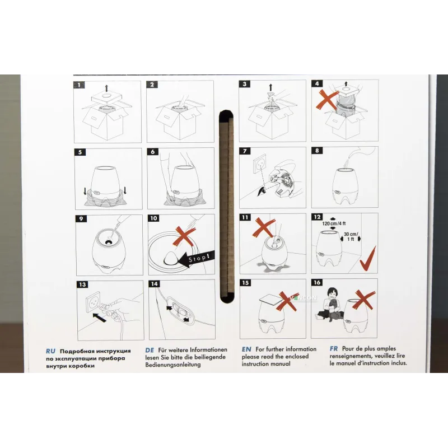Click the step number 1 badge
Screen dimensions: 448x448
pyautogui.click(x=79, y=85)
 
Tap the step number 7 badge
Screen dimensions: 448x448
pyautogui.click(x=245, y=151)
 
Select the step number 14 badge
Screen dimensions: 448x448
pyautogui.click(x=155, y=284)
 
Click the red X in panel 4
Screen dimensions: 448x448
pyautogui.click(x=326, y=100)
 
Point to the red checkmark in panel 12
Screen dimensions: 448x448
pyautogui.click(x=368, y=259)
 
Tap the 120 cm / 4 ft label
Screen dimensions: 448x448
pyautogui.click(x=334, y=223)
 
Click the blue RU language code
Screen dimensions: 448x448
pyautogui.click(x=50, y=351)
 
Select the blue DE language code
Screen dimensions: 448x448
pyautogui.click(x=150, y=350)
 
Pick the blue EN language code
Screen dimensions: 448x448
pyautogui.click(x=246, y=349)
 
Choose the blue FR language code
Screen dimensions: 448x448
pyautogui.click(x=334, y=348)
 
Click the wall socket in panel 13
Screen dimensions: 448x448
pyautogui.click(x=94, y=301)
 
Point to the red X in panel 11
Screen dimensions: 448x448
pyautogui.click(x=264, y=227)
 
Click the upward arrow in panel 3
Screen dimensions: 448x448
pyautogui.click(x=270, y=87)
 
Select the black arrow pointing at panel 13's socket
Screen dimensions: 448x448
pyautogui.click(x=99, y=317)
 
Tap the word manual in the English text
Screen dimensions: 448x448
pyautogui.click(x=281, y=364)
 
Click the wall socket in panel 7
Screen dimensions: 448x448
pyautogui.click(x=259, y=163)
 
